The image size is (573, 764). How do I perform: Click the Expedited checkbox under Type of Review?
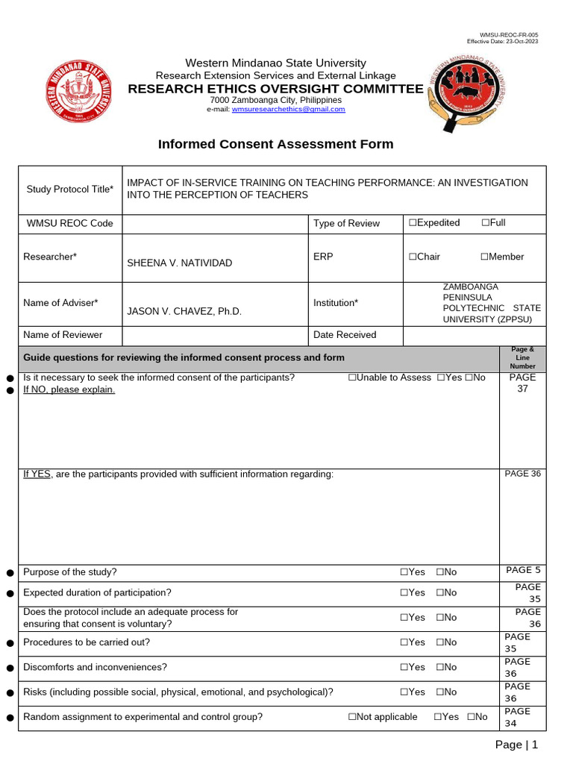coord(412,223)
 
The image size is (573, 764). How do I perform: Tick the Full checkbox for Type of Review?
coord(486,223)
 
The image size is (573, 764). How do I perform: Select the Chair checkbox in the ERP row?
coord(412,257)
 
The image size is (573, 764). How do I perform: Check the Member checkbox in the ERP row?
coord(484,257)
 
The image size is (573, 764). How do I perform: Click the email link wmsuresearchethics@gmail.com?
coord(288,109)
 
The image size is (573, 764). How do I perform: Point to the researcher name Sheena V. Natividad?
coord(179,263)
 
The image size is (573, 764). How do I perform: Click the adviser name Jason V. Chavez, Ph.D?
coord(184,311)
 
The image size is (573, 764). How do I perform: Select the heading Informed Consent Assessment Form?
coord(275,144)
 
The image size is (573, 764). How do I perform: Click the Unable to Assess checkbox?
coord(352,378)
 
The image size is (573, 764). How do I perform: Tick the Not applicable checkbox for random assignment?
coord(352,717)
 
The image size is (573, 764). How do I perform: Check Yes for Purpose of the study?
coord(404,572)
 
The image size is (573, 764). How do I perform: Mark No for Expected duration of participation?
coord(441,592)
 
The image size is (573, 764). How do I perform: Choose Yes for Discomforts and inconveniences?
coord(404,667)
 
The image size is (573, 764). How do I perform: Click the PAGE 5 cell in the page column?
coord(522,571)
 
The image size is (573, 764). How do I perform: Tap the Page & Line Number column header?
coord(522,358)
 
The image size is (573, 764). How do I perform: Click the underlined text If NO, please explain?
coord(69,389)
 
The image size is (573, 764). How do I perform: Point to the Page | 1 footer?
coord(516,745)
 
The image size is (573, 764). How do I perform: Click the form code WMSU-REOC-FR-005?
coord(508,35)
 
